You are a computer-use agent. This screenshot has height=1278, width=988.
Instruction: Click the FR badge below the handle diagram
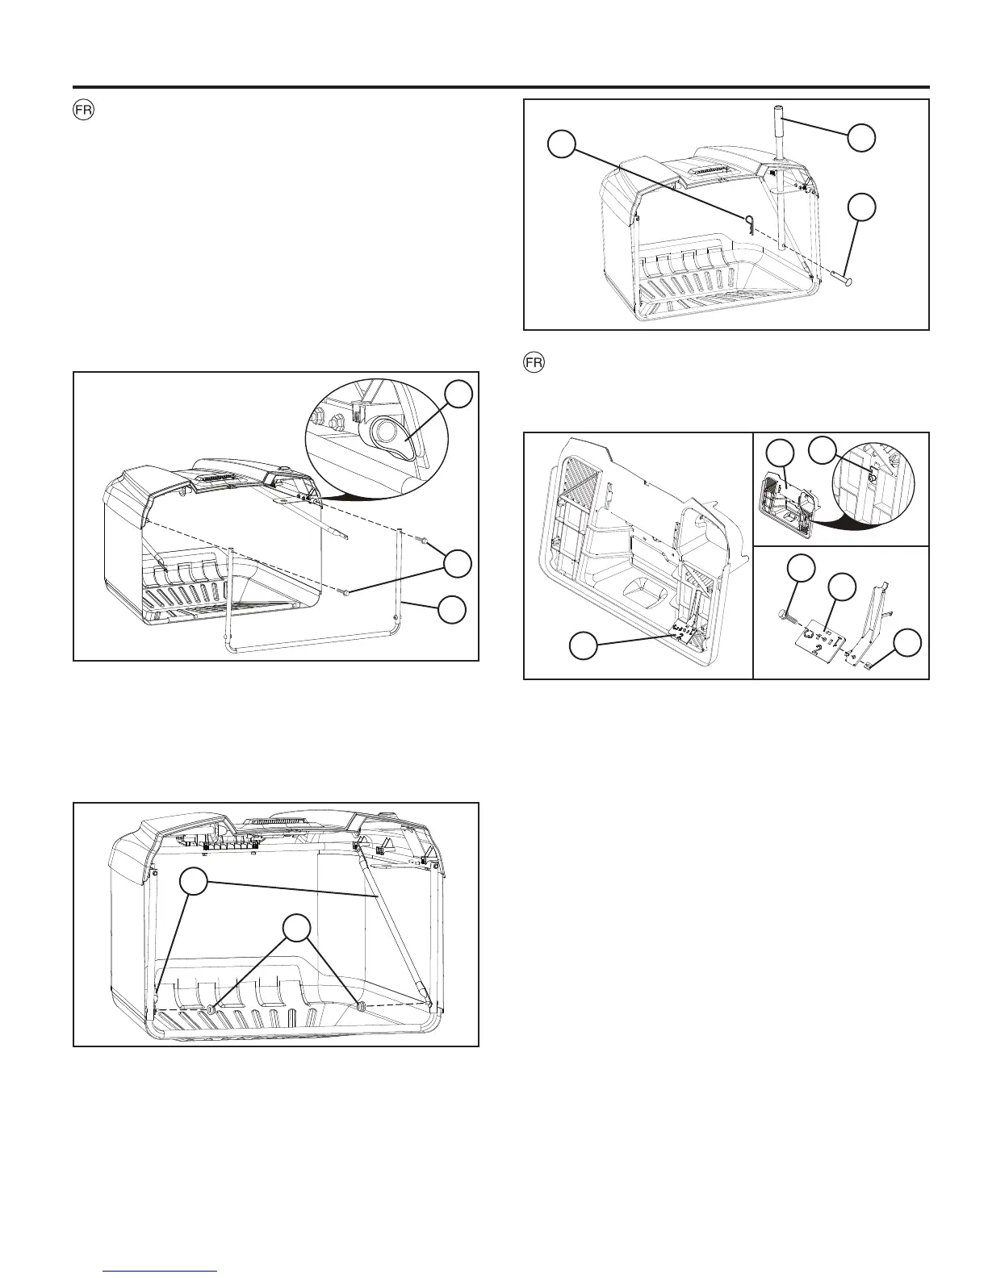tap(534, 363)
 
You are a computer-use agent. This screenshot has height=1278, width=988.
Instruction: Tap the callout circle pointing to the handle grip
tap(862, 137)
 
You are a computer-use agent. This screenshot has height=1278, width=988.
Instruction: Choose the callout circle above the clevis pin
tap(862, 207)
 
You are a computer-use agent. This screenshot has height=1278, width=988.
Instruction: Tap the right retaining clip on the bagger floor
tap(360, 1005)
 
